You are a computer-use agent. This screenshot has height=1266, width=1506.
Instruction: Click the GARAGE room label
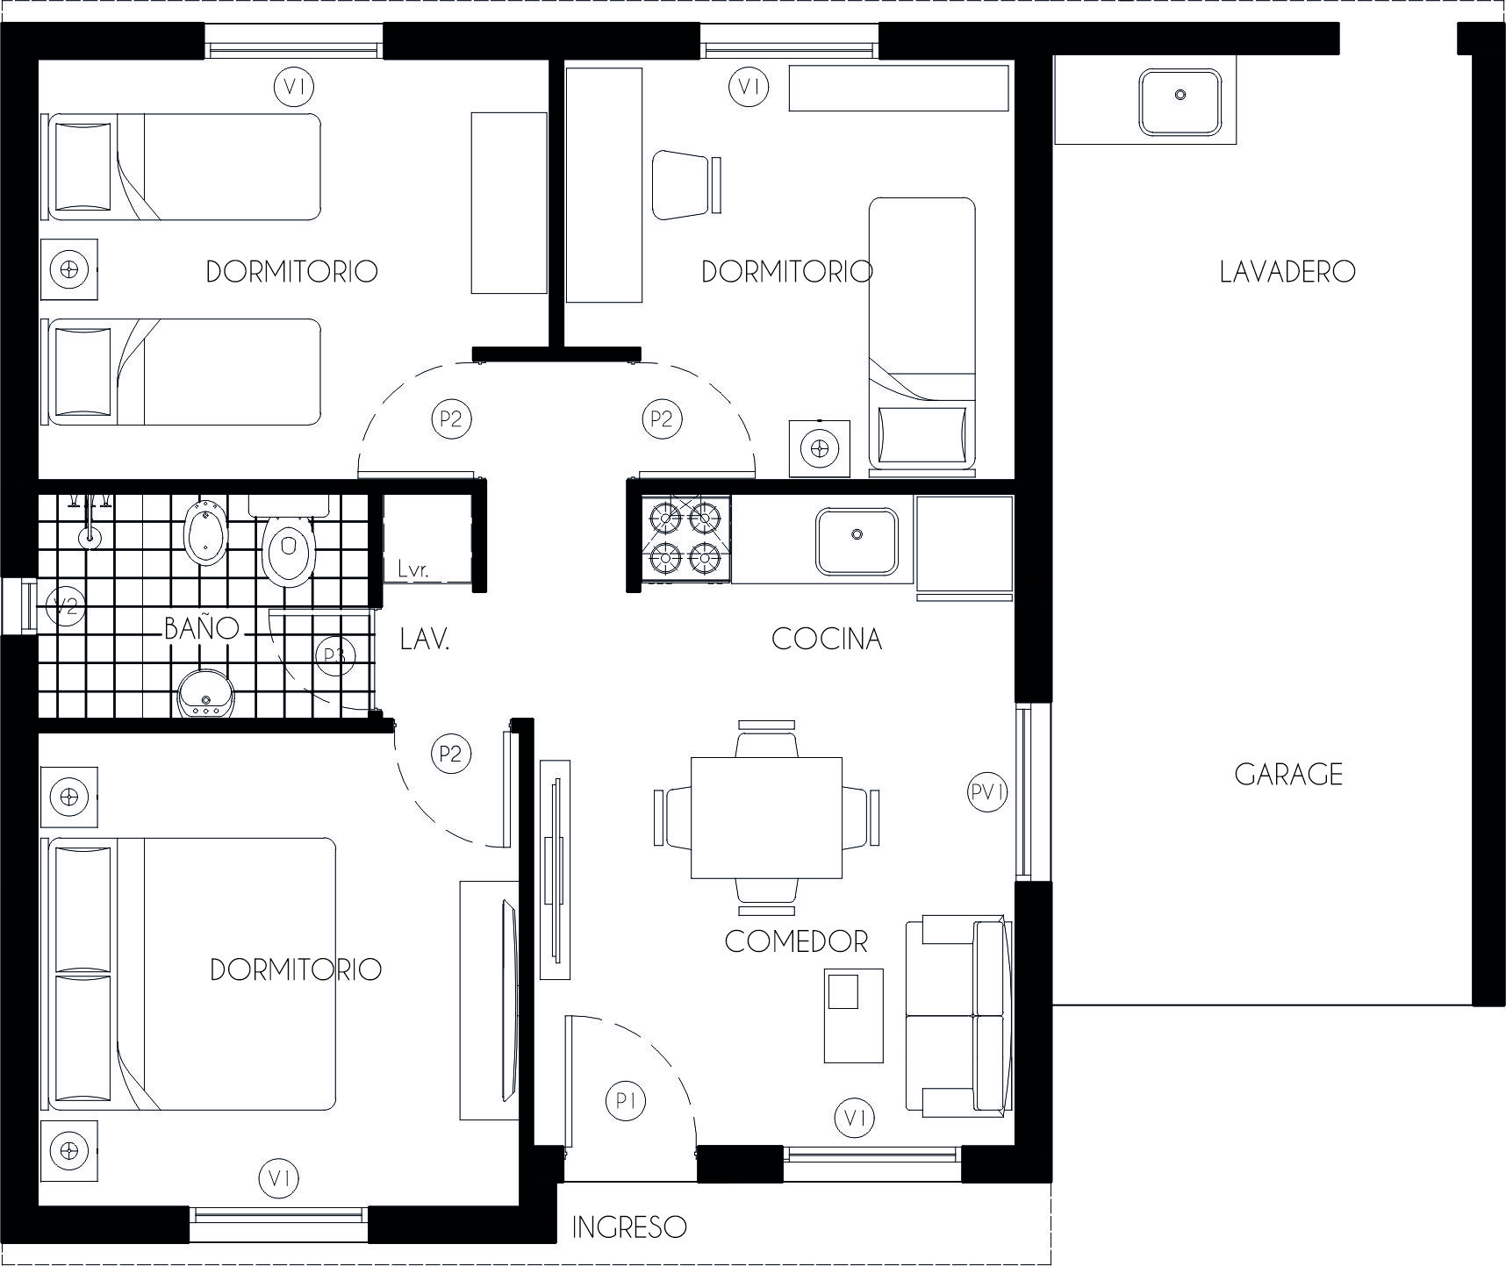click(x=1288, y=774)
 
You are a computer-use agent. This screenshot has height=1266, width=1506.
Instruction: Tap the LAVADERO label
click(x=1287, y=271)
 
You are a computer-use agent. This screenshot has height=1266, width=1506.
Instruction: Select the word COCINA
click(x=827, y=639)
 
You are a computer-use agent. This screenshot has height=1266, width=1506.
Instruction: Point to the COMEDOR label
click(x=796, y=941)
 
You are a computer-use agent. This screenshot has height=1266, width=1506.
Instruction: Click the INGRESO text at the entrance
click(x=629, y=1227)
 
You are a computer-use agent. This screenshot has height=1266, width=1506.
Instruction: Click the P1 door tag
click(x=626, y=1100)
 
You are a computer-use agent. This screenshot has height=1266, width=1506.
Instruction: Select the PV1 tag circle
click(x=987, y=792)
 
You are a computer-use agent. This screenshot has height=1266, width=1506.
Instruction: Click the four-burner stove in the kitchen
click(x=687, y=538)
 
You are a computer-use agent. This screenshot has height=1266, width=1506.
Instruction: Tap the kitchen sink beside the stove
click(x=857, y=541)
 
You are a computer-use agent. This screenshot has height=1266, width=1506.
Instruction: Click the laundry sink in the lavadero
click(x=1180, y=103)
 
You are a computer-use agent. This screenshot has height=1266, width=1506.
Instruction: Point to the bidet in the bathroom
click(x=206, y=535)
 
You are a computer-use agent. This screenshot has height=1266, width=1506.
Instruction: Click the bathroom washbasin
click(x=205, y=694)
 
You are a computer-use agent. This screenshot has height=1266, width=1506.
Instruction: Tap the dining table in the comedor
click(x=766, y=818)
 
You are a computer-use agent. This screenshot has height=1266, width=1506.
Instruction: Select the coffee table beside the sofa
click(x=853, y=1015)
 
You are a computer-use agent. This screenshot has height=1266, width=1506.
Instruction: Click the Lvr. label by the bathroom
click(x=412, y=569)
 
